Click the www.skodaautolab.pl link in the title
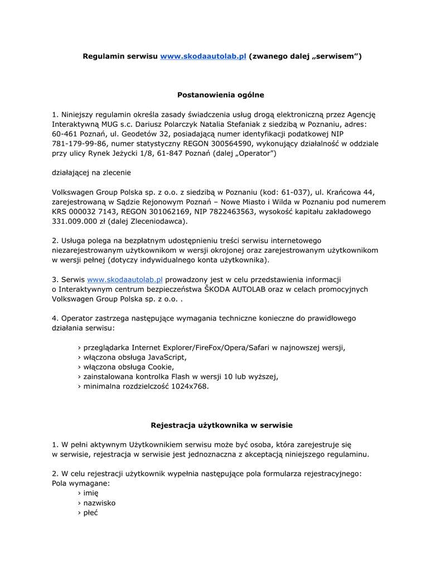click(x=203, y=56)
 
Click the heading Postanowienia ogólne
click(x=220, y=95)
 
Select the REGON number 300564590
click(x=232, y=143)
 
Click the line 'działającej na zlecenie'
click(x=91, y=173)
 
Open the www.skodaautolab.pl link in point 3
click(x=125, y=279)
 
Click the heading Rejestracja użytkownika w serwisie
click(x=221, y=425)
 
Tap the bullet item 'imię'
click(x=90, y=493)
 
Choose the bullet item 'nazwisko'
click(x=99, y=503)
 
